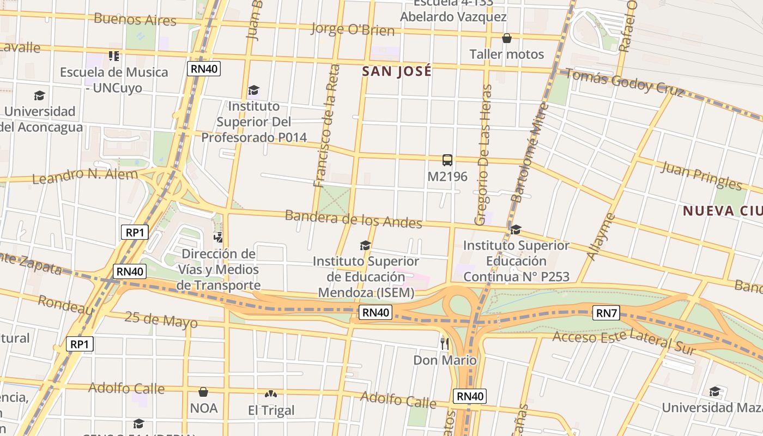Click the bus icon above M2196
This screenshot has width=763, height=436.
pos(447,160)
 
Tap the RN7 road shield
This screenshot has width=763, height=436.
pos(606,313)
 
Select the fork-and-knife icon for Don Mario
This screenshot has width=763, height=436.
pos(445,343)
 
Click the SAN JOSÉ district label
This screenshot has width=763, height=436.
pos(397,71)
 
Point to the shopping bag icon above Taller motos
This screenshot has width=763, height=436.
pos(507,38)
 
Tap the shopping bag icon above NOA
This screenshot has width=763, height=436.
pos(203,392)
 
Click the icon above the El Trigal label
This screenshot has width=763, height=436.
pos(270,394)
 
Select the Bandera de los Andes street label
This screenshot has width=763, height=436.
pos(353,219)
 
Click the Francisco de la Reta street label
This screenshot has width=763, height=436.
pos(327,126)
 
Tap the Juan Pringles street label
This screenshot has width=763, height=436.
pos(701,175)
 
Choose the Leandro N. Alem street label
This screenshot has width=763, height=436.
pos(85,176)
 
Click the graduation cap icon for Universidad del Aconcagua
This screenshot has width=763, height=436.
pos(39,96)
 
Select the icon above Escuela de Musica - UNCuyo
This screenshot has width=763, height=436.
pos(113,56)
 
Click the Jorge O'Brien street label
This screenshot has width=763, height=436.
pos(352,29)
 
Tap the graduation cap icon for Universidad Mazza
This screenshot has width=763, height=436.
pos(714,391)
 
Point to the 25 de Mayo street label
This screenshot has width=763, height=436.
pos(161,320)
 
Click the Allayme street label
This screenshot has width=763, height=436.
pos(601,237)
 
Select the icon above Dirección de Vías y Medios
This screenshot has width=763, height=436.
pos(218,237)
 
